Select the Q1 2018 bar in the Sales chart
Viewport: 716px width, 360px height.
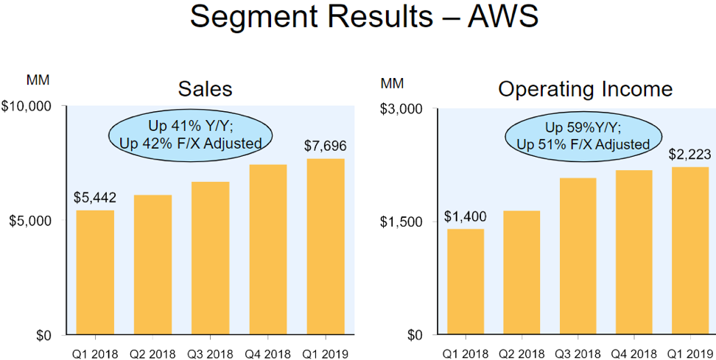pyautogui.click(x=95, y=272)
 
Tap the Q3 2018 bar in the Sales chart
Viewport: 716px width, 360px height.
pyautogui.click(x=210, y=258)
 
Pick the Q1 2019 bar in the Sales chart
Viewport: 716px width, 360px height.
pyautogui.click(x=325, y=247)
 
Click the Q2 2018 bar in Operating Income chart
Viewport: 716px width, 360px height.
pyautogui.click(x=522, y=272)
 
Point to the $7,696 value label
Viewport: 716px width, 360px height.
pyautogui.click(x=325, y=146)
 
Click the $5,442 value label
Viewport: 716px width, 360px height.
pyautogui.click(x=95, y=197)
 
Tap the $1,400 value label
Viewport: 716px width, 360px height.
pyautogui.click(x=465, y=216)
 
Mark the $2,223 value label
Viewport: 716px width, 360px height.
pyautogui.click(x=689, y=155)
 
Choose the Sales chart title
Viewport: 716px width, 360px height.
pyautogui.click(x=205, y=89)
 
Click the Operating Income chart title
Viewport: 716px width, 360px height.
pyautogui.click(x=586, y=89)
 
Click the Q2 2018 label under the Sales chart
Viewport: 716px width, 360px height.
pyautogui.click(x=153, y=353)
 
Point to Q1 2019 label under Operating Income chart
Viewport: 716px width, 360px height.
pyautogui.click(x=691, y=353)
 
